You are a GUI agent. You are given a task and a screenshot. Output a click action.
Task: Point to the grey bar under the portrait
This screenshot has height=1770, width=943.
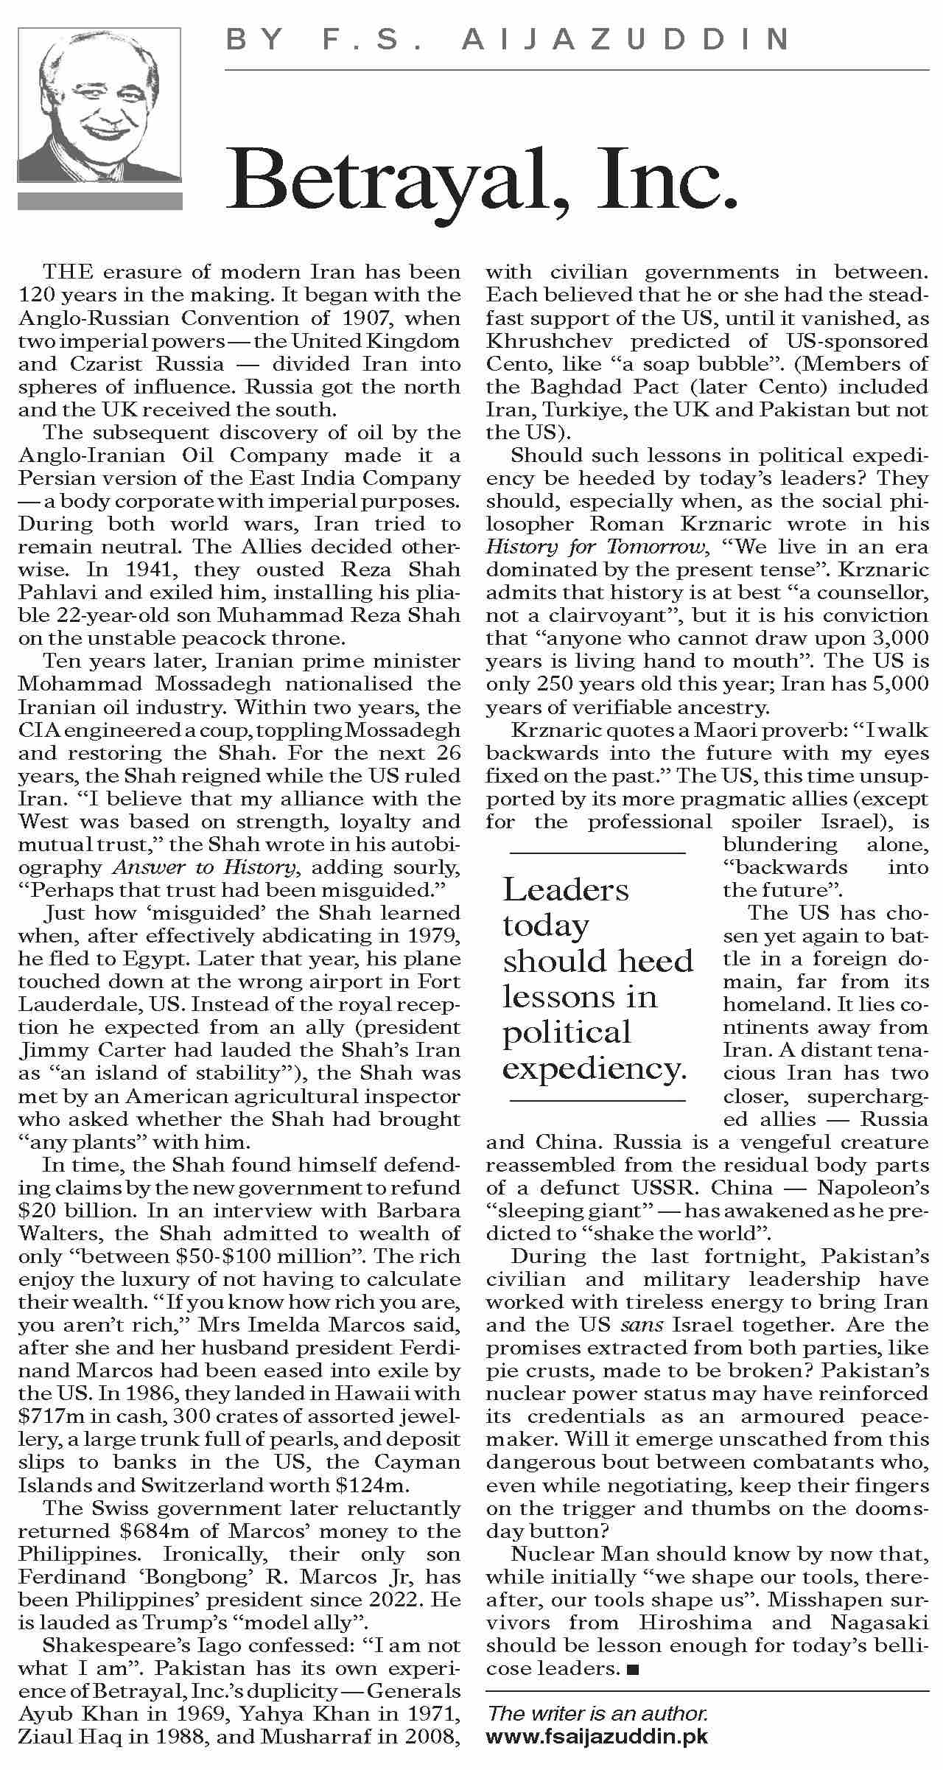99,201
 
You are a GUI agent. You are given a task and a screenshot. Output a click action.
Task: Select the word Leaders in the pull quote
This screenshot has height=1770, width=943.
566,890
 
